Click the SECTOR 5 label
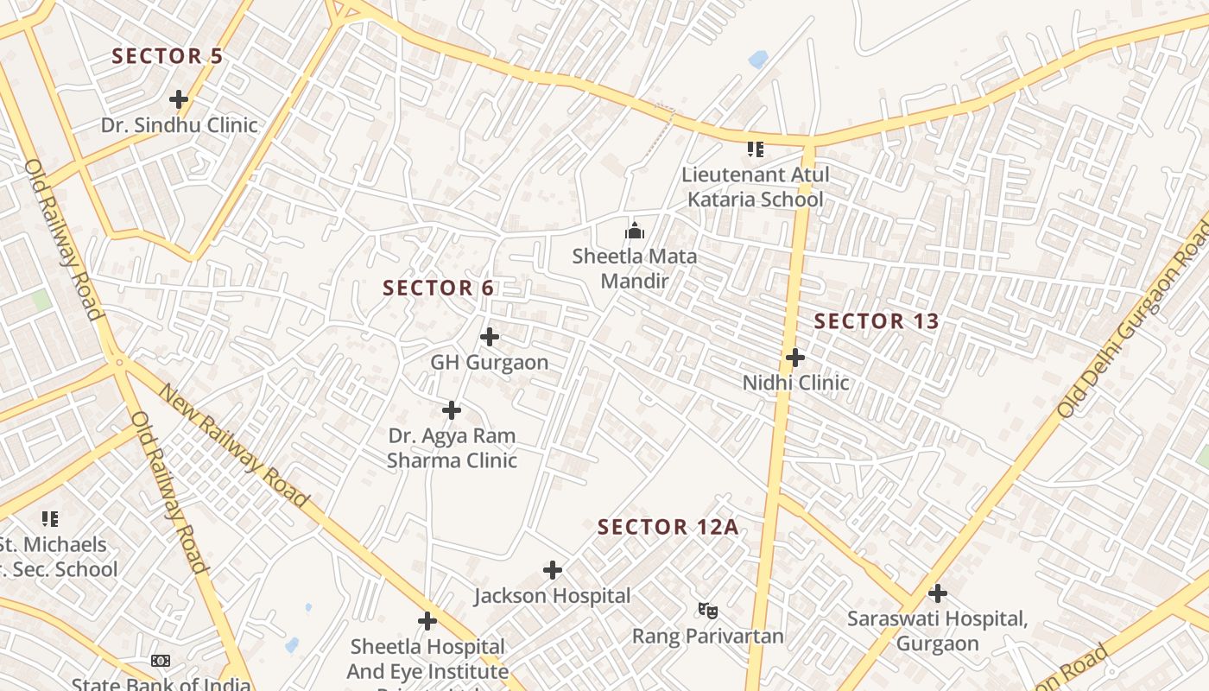(168, 56)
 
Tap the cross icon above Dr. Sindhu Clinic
(179, 99)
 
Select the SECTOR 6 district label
(439, 288)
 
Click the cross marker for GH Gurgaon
(490, 336)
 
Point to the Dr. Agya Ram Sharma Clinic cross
(452, 410)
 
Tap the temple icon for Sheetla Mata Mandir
(635, 231)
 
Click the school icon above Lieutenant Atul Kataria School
(756, 149)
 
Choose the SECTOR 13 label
(877, 321)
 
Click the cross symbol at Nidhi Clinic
(795, 357)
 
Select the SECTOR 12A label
(668, 527)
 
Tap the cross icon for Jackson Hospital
(553, 570)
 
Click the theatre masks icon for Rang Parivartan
(708, 611)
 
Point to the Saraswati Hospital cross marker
(938, 593)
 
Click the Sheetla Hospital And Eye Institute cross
(427, 621)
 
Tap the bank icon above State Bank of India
(161, 661)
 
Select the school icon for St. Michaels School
(50, 519)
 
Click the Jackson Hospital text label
(553, 595)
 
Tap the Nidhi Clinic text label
(796, 382)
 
